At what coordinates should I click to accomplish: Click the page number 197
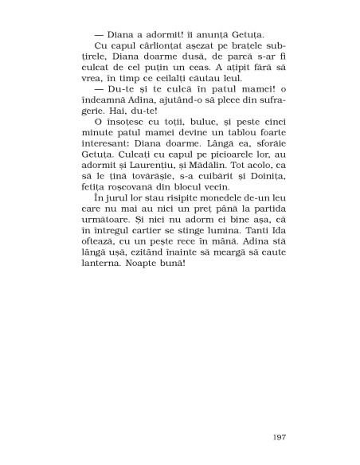tap(277, 437)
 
